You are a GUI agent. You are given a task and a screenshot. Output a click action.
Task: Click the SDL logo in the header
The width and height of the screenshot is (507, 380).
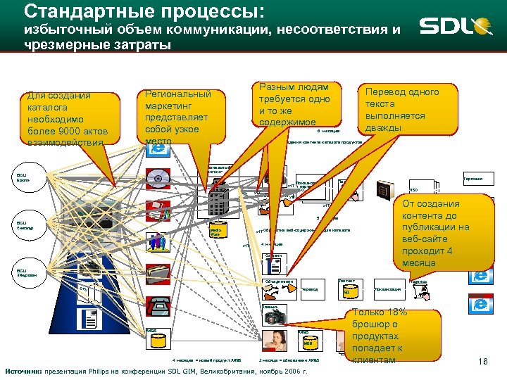coord(455,27)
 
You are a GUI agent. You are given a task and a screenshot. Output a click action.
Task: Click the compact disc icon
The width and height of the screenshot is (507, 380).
coord(158,179)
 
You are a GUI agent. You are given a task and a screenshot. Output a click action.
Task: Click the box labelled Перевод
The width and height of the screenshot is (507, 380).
coord(310,289)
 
